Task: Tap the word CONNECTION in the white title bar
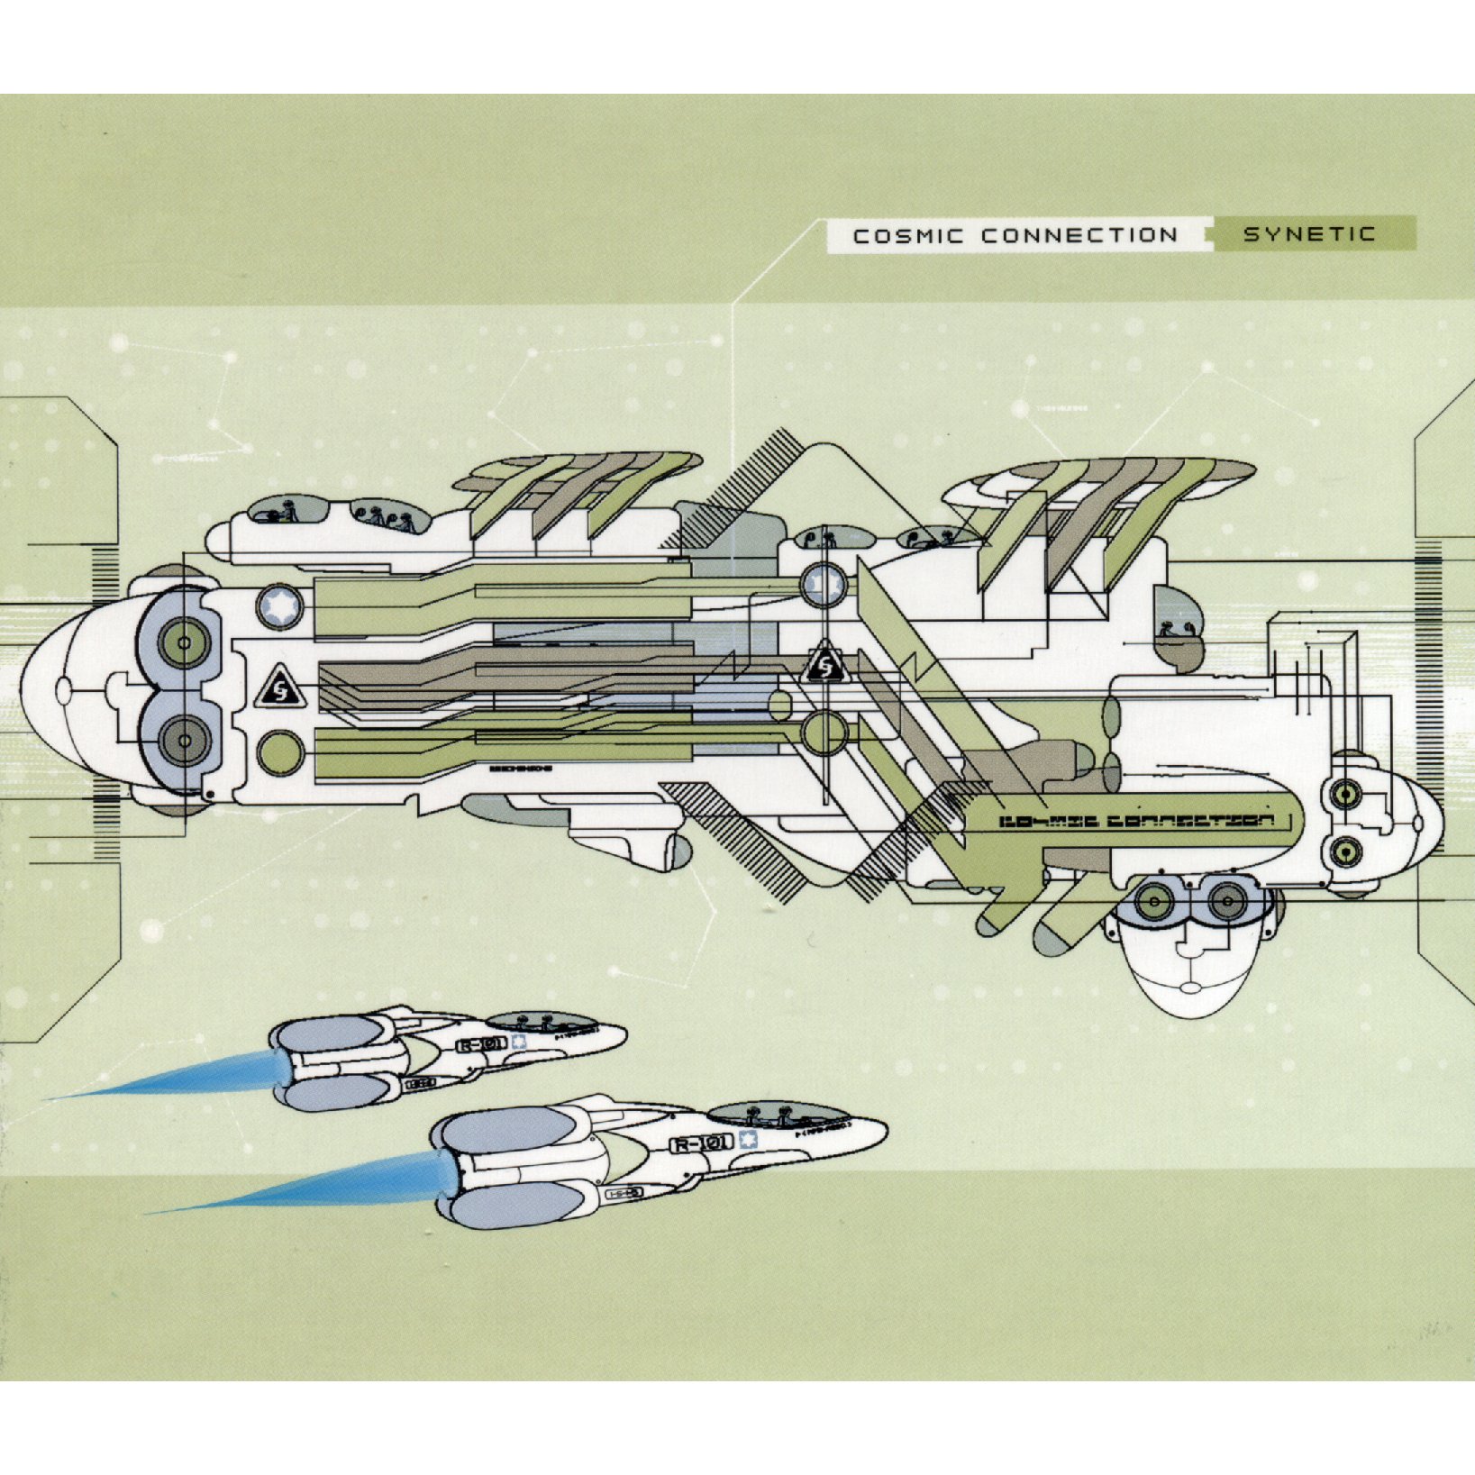(1079, 236)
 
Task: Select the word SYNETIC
(1309, 235)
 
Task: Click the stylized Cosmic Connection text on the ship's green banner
(1137, 821)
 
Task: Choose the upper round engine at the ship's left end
(184, 643)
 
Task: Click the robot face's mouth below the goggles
(1190, 988)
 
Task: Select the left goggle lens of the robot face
(1153, 901)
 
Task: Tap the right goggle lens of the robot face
(1225, 901)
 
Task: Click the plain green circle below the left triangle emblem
(279, 751)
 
